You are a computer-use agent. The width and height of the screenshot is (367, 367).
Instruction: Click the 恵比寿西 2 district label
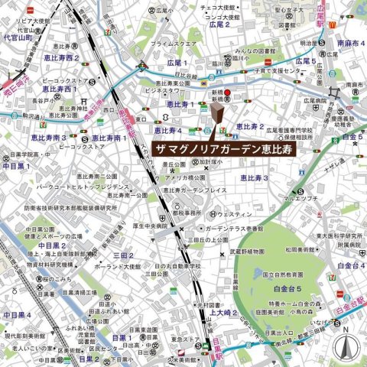[x=62, y=58]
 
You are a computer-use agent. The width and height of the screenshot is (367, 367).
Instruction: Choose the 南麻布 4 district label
[x=351, y=44]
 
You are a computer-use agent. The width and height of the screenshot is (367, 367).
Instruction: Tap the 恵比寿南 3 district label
[x=47, y=138]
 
